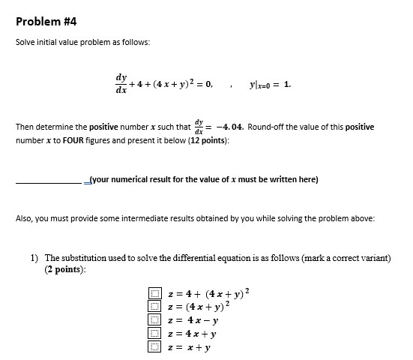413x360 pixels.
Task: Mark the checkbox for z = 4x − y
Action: pyautogui.click(x=154, y=319)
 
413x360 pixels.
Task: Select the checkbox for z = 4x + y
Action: pyautogui.click(x=154, y=333)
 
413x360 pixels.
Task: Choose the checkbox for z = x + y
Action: pyautogui.click(x=154, y=346)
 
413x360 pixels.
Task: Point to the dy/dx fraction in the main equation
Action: pyautogui.click(x=121, y=84)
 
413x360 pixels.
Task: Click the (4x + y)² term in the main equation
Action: pyautogui.click(x=175, y=85)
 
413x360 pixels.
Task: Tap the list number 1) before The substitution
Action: pyautogui.click(x=34, y=258)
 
